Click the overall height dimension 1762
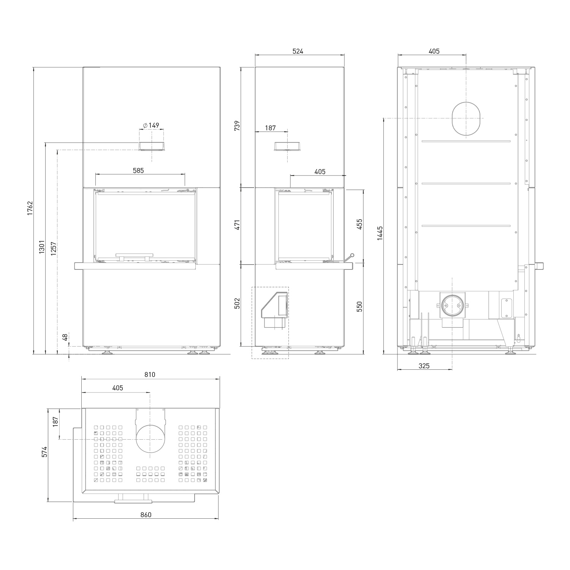pyautogui.click(x=30, y=208)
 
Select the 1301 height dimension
pyautogui.click(x=42, y=247)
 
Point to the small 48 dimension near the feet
pyautogui.click(x=65, y=337)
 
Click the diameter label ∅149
pyautogui.click(x=151, y=125)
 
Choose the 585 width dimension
pyautogui.click(x=138, y=171)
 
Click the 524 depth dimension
pyautogui.click(x=298, y=51)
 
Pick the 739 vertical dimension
pyautogui.click(x=237, y=126)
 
